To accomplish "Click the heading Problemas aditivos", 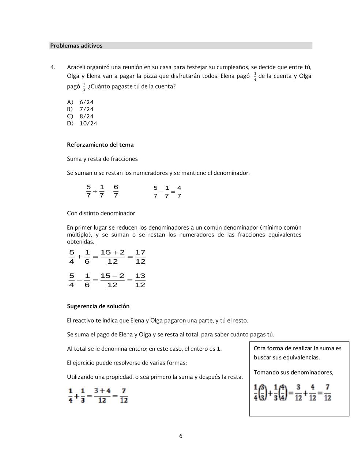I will click(76, 46).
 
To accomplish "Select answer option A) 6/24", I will click(80, 102).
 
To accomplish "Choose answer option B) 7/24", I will click(80, 109).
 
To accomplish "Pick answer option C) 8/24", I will click(80, 116).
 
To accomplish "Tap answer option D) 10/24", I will click(82, 123).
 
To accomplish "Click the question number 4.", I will click(53, 67).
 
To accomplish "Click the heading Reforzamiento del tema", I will click(100, 145).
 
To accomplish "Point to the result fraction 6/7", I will click(116, 191).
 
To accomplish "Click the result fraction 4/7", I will click(179, 192).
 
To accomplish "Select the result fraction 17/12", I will click(140, 257).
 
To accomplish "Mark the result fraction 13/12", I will click(140, 280).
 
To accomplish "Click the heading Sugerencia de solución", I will click(98, 306).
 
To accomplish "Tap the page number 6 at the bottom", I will click(181, 436).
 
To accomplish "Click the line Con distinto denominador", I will click(101, 213).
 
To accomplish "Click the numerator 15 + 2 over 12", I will click(113, 253).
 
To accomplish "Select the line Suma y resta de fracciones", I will click(102, 159).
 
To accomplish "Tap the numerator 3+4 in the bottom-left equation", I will click(102, 391).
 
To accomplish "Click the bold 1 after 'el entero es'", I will click(219, 349).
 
